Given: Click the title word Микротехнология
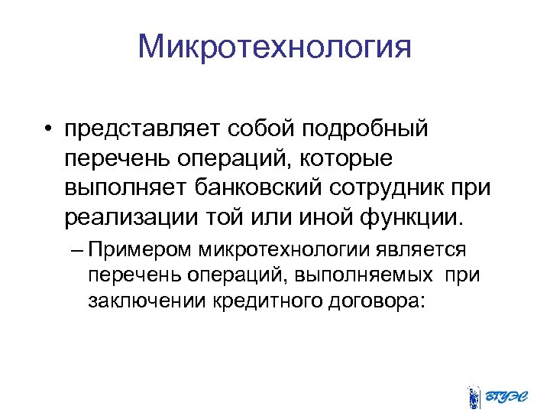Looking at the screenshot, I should click(x=275, y=47).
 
